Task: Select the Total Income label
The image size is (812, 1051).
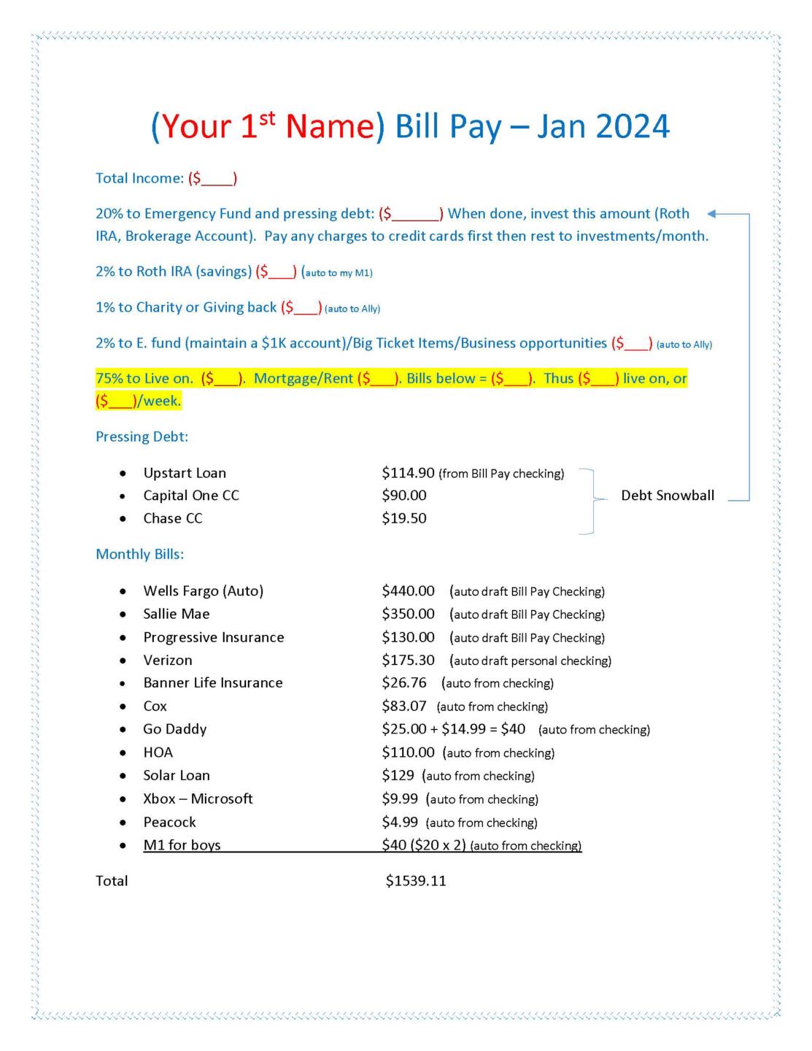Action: pyautogui.click(x=139, y=178)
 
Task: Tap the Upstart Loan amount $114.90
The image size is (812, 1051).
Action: pyautogui.click(x=408, y=473)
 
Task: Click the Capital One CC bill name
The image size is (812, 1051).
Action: pyautogui.click(x=191, y=496)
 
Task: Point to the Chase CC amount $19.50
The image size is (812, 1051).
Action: pyautogui.click(x=404, y=518)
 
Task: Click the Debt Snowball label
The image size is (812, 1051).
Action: pyautogui.click(x=668, y=496)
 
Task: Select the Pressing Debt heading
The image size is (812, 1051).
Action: pyautogui.click(x=142, y=436)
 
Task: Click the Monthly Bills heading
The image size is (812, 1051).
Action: pyautogui.click(x=139, y=554)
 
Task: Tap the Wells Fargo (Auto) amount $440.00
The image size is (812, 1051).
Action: pyautogui.click(x=408, y=590)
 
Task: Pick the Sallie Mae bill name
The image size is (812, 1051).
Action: pyautogui.click(x=177, y=614)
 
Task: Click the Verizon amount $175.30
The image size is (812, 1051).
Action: pyautogui.click(x=408, y=660)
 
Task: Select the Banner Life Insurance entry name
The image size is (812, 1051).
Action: pyautogui.click(x=213, y=682)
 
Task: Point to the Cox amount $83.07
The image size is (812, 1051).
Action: pyautogui.click(x=404, y=706)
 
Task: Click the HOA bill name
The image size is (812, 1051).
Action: pyautogui.click(x=158, y=752)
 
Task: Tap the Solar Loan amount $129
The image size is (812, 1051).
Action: pyautogui.click(x=398, y=775)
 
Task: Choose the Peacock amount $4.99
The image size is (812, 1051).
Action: pyautogui.click(x=400, y=822)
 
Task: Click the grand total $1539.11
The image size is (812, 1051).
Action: pyautogui.click(x=416, y=881)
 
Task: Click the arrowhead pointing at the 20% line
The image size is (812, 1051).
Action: pyautogui.click(x=713, y=214)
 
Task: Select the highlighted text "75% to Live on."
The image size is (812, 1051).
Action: pyautogui.click(x=144, y=378)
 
